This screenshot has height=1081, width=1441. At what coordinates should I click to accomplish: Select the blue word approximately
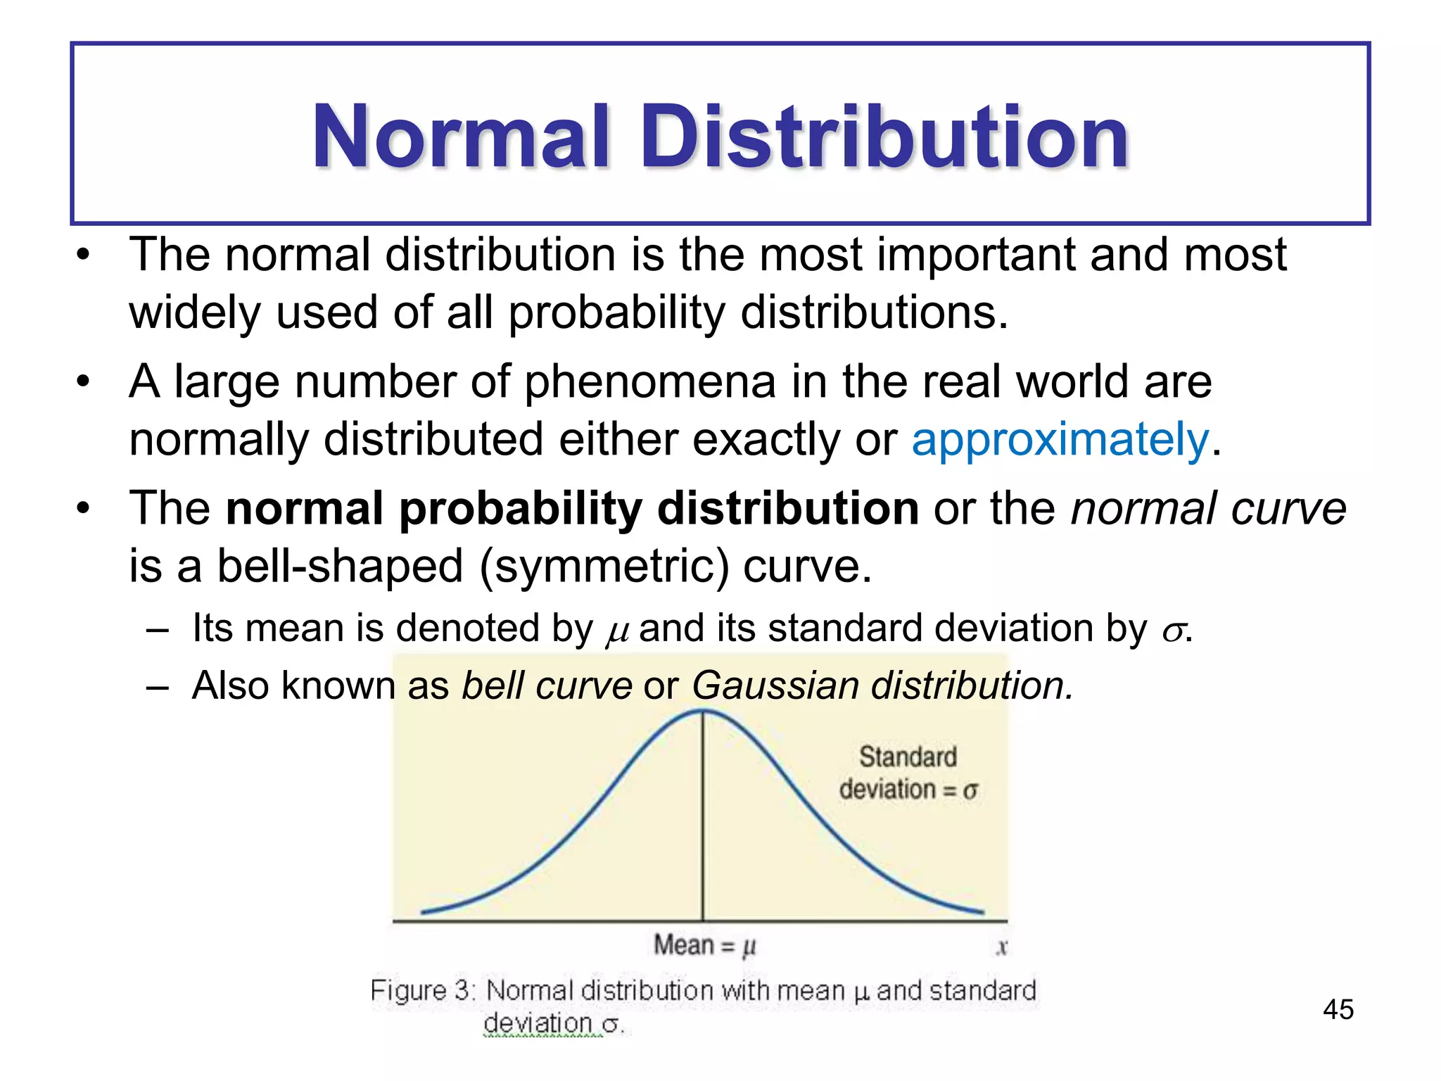1060,439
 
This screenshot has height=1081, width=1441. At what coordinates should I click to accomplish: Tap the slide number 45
1338,1009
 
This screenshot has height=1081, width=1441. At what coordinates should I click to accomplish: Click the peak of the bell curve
703,711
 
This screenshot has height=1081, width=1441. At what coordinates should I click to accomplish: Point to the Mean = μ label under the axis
704,944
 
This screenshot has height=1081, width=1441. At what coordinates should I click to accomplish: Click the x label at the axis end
1002,947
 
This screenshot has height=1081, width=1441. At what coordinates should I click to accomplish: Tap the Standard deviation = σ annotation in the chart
908,773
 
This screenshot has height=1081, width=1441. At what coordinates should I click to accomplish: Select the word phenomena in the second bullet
650,381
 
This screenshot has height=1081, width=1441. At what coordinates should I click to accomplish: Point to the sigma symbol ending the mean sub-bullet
1172,631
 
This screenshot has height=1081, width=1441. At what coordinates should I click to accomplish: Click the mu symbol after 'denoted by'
616,631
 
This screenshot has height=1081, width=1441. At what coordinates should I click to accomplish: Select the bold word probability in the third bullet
521,508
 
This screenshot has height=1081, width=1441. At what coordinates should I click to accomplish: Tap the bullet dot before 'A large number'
84,382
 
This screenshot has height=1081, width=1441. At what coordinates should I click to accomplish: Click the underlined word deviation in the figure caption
538,1023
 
